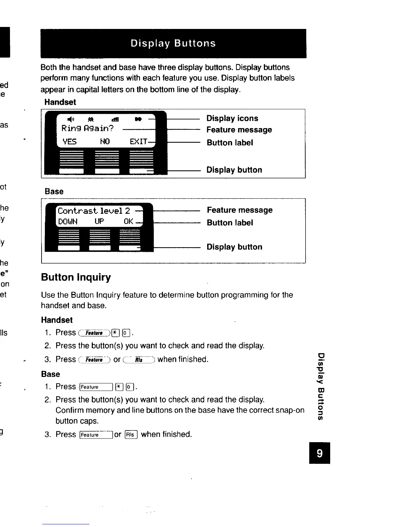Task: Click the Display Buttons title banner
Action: pyautogui.click(x=173, y=44)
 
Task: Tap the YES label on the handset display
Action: pyautogui.click(x=70, y=142)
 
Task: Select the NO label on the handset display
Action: pyautogui.click(x=105, y=142)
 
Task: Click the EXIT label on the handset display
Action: pyautogui.click(x=138, y=142)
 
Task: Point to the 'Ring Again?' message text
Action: pyautogui.click(x=88, y=128)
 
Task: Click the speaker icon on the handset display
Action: pyautogui.click(x=70, y=119)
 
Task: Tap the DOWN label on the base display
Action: pyautogui.click(x=68, y=222)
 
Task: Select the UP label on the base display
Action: pyautogui.click(x=99, y=222)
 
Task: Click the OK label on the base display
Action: pyautogui.click(x=129, y=222)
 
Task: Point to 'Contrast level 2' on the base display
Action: pyautogui.click(x=94, y=211)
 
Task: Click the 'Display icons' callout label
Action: pyautogui.click(x=232, y=118)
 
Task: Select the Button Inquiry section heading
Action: pyautogui.click(x=76, y=277)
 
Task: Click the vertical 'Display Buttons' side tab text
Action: pyautogui.click(x=321, y=386)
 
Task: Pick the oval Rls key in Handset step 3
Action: pyautogui.click(x=139, y=360)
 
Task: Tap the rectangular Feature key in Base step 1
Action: pyautogui.click(x=96, y=387)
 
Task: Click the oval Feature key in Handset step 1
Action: pyautogui.click(x=94, y=333)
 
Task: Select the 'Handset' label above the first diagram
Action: pyautogui.click(x=60, y=102)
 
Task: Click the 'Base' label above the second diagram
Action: pyautogui.click(x=54, y=192)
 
